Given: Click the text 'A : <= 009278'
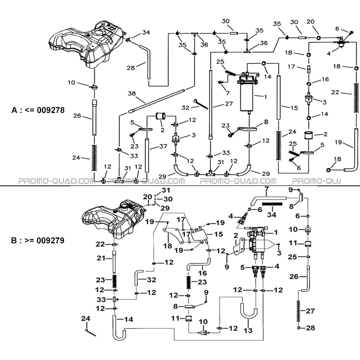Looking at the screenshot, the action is (38, 110).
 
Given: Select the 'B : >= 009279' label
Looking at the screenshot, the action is (37, 240).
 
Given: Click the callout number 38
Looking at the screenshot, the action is (132, 94).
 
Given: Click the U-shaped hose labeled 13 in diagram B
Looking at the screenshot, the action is (249, 311).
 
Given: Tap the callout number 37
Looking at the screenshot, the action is (163, 146).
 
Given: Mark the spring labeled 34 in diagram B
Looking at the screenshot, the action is (272, 204).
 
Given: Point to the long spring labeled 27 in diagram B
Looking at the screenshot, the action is (298, 311).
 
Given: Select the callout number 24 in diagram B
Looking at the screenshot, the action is (85, 318).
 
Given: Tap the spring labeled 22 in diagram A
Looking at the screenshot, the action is (356, 98).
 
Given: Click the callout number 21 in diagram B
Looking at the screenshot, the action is (101, 258).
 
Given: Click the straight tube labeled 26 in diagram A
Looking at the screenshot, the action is (94, 118).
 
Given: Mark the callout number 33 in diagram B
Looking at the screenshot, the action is (101, 300).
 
